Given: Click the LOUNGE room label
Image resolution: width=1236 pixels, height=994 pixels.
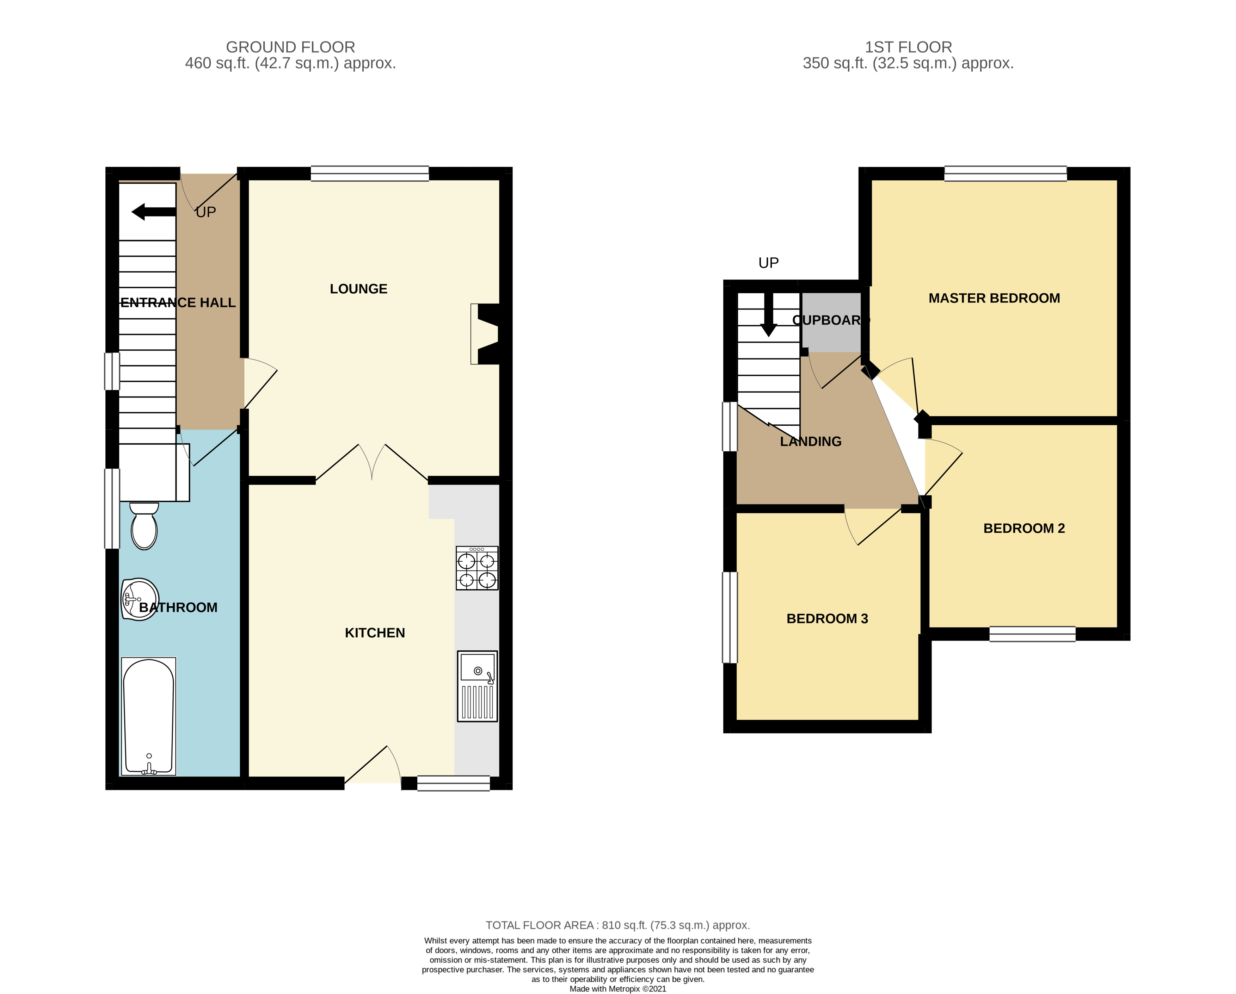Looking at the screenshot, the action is click(358, 289).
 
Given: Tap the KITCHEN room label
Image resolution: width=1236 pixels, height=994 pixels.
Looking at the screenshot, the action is click(375, 632).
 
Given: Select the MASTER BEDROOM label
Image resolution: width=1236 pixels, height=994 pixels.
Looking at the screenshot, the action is click(994, 298).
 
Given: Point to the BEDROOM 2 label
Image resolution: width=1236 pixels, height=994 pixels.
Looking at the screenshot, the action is click(1024, 528).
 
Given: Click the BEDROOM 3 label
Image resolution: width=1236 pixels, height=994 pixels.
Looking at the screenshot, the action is click(827, 619).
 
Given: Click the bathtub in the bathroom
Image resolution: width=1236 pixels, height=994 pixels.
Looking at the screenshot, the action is click(148, 716).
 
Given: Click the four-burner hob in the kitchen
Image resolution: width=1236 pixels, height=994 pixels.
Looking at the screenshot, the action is click(477, 568).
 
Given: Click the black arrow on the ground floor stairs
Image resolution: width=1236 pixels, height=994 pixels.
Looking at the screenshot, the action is click(154, 212).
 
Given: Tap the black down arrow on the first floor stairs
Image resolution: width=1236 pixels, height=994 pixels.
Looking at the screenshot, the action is click(768, 315).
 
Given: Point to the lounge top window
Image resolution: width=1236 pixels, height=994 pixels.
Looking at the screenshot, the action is click(370, 174).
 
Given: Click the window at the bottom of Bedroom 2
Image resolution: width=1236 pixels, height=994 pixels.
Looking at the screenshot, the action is click(1032, 634).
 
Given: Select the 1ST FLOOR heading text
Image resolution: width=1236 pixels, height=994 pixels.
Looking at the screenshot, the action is click(908, 47).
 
